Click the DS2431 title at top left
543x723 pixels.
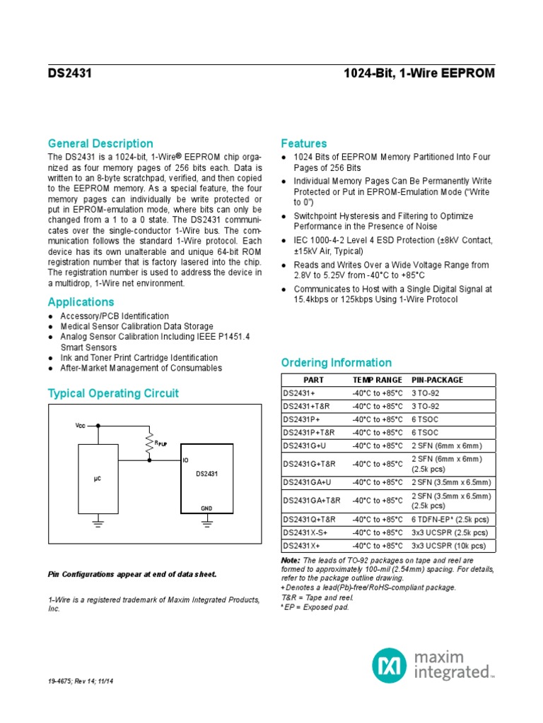(69, 73)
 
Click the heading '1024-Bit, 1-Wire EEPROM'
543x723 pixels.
(419, 73)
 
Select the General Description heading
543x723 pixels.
(100, 143)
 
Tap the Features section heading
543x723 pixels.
(304, 143)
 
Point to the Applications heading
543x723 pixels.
(81, 302)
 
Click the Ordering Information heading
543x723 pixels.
(336, 362)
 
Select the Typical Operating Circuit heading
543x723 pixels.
(113, 393)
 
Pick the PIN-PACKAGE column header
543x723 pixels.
(438, 380)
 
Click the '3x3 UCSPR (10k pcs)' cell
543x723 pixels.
(449, 546)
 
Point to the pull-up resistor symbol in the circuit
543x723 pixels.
(150, 443)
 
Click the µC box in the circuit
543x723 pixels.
(98, 479)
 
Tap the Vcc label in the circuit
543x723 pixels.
(80, 426)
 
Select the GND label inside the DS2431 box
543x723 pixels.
(206, 508)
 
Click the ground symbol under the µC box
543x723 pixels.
(98, 522)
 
